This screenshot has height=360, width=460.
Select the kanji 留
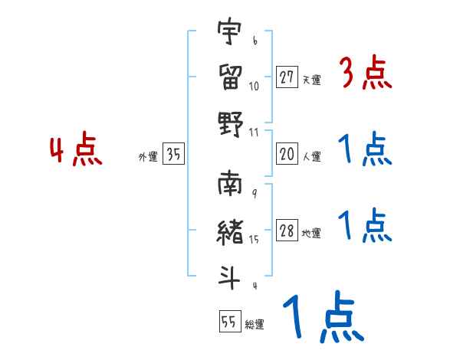tap(230, 77)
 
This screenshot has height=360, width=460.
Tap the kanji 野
tap(230, 123)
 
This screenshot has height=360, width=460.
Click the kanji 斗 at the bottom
tap(230, 276)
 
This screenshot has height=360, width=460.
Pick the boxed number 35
tap(173, 154)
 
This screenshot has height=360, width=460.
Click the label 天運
tap(311, 80)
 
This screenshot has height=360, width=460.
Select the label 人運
tap(311, 156)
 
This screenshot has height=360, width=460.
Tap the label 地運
tap(311, 233)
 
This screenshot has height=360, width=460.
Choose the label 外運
tap(148, 156)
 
